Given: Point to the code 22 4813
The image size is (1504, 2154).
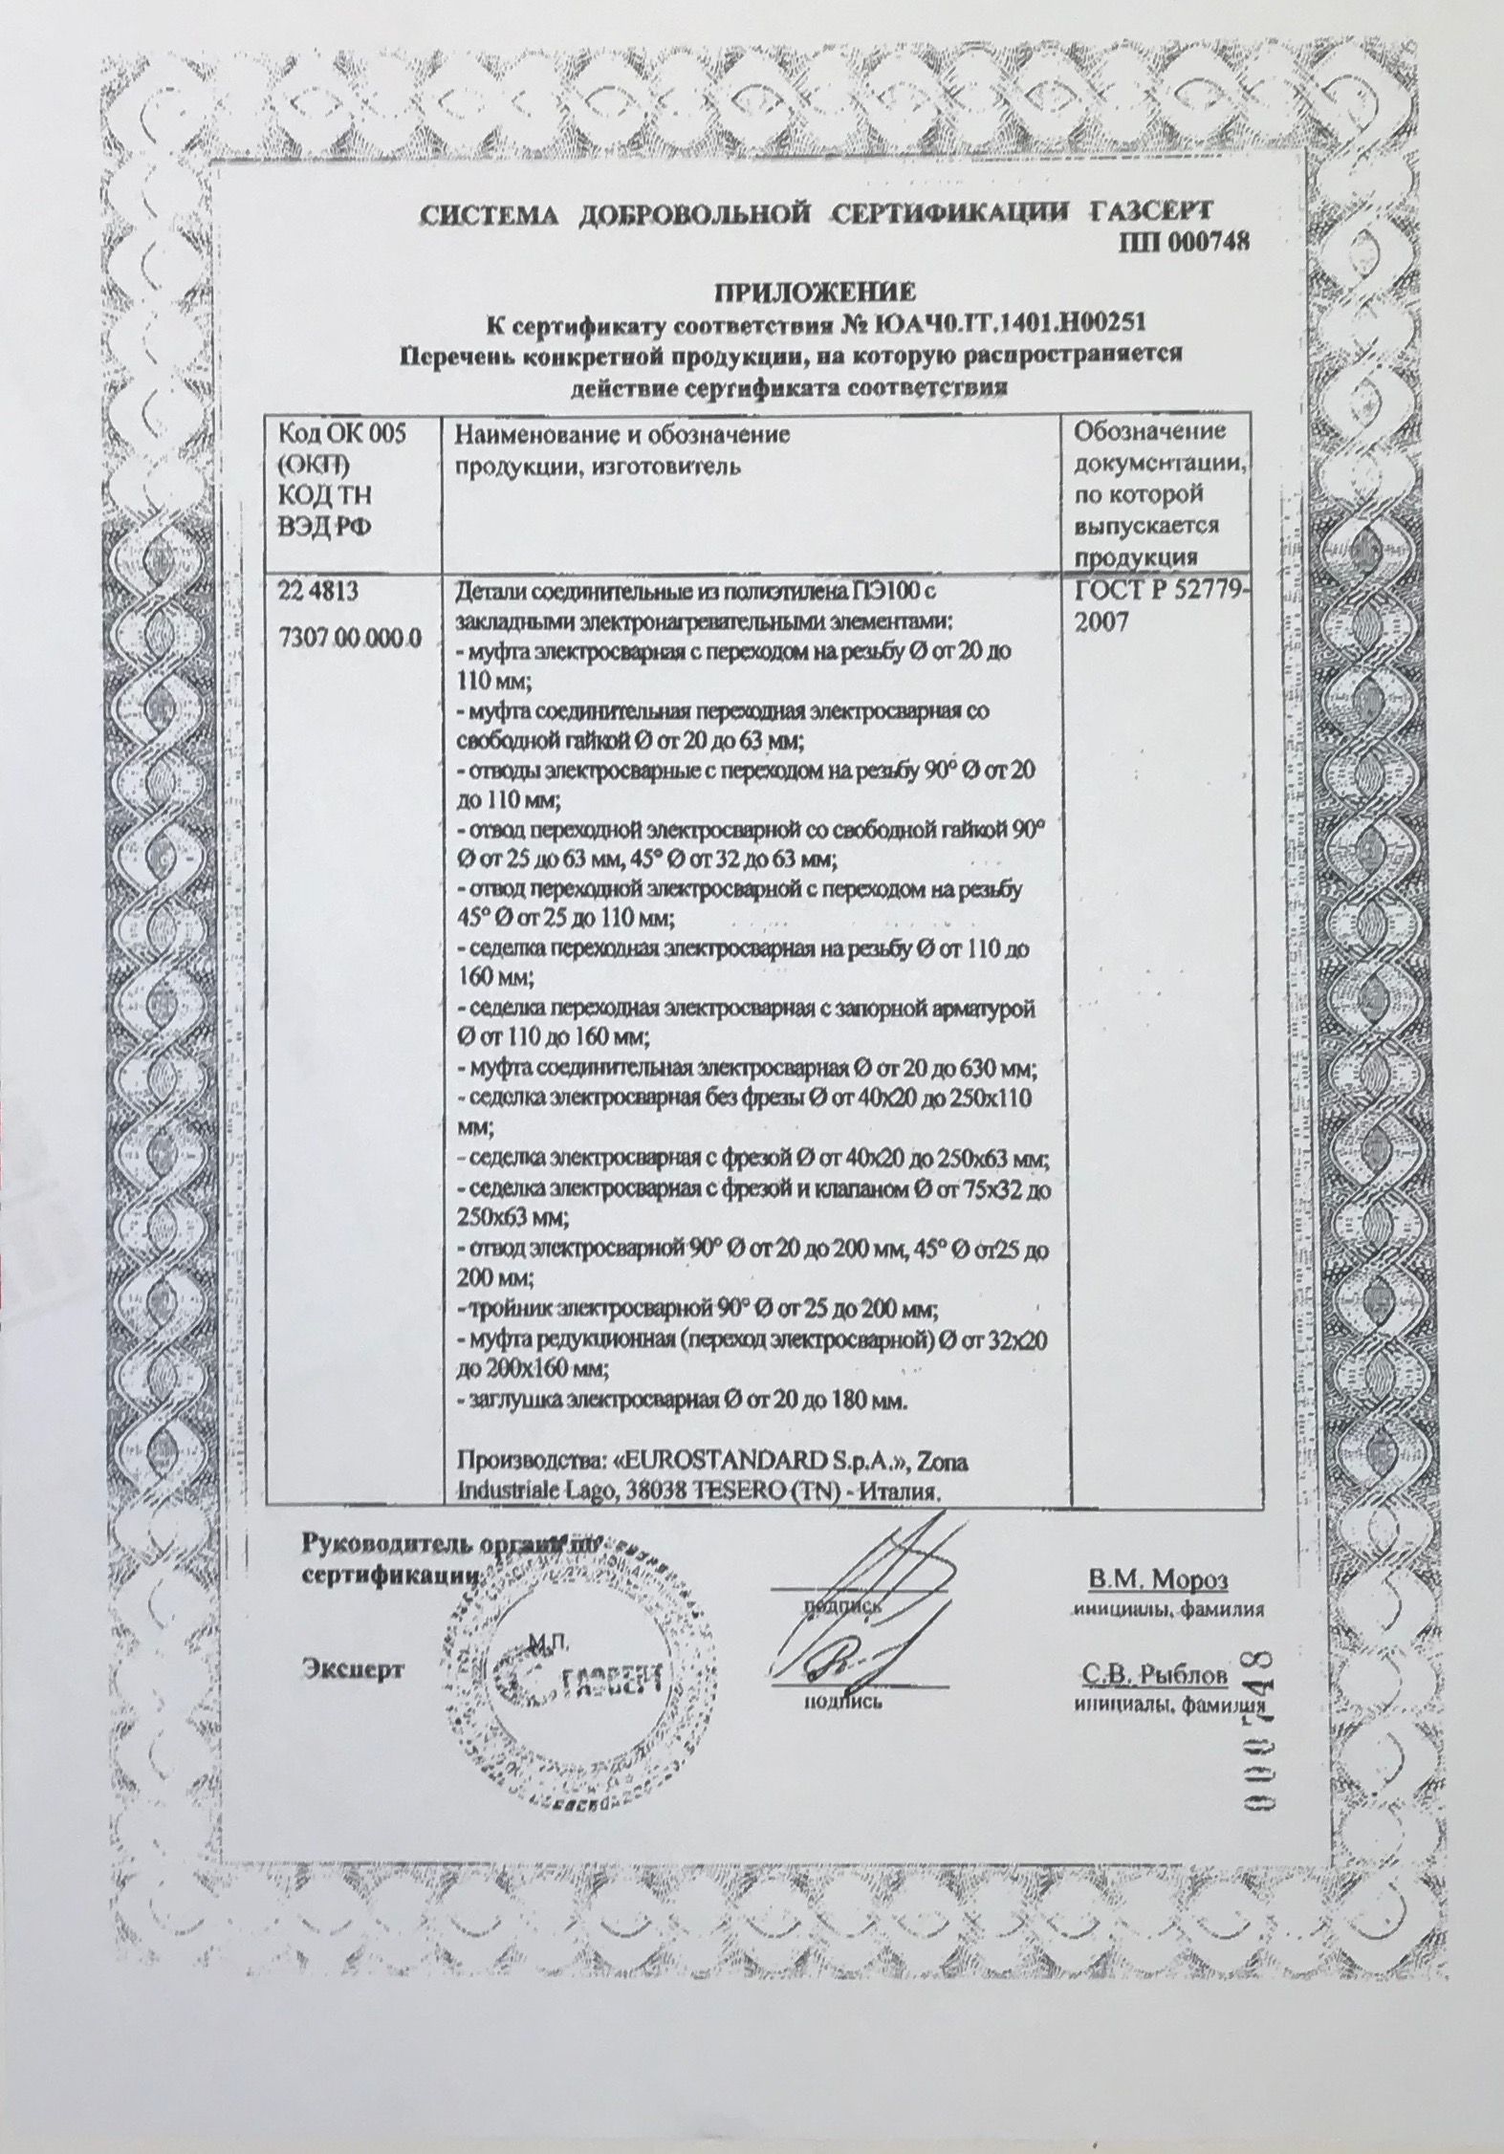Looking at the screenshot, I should (x=316, y=592).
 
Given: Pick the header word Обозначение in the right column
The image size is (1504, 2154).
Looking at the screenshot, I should (x=1149, y=431).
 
